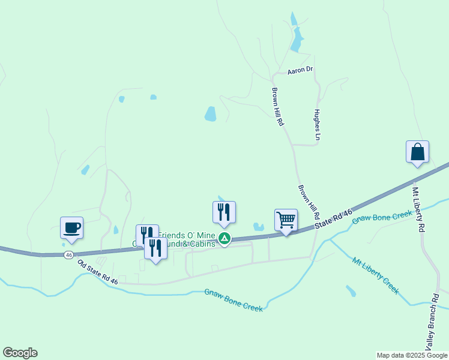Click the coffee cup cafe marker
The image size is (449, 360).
click(x=71, y=227)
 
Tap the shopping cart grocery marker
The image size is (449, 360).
click(x=286, y=220)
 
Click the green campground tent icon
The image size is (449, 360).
click(x=224, y=239)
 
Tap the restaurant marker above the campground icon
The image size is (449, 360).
click(x=224, y=212)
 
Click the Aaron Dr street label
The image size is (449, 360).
click(x=300, y=70)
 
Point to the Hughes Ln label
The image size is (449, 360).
click(x=318, y=125)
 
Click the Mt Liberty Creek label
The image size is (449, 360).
click(x=376, y=275)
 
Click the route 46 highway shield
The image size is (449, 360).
click(x=69, y=255)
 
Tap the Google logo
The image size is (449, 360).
click(x=20, y=353)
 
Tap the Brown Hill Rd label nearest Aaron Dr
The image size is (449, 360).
click(x=277, y=106)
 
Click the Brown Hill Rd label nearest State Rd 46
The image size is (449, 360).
click(x=309, y=202)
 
